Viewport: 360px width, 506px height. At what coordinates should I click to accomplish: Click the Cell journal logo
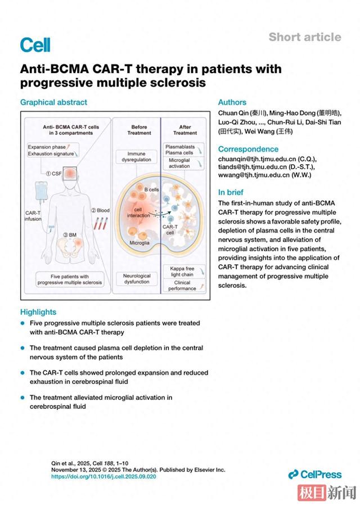click(35, 44)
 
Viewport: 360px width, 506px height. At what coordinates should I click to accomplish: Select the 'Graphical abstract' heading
click(53, 102)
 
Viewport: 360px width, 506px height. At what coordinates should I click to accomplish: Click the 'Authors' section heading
click(232, 102)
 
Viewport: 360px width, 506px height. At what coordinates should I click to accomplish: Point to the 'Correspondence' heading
click(248, 149)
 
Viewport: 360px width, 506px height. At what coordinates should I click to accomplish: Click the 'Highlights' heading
click(38, 312)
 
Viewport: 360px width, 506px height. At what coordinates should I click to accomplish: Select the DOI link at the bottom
click(103, 476)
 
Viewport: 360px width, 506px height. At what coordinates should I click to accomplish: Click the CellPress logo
click(315, 475)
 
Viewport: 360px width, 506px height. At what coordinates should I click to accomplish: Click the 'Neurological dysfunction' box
click(136, 278)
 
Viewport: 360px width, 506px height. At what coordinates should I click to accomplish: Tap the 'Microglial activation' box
click(181, 162)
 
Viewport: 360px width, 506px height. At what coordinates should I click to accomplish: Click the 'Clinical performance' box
click(181, 285)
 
